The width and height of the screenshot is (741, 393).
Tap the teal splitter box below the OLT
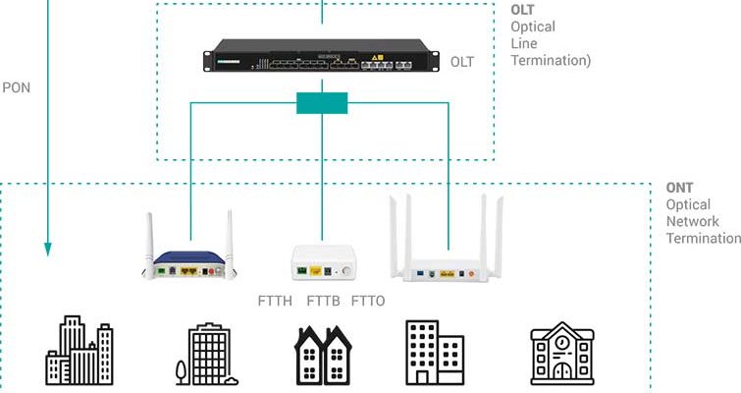pos(322,102)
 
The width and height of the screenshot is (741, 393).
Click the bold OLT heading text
pos(523,10)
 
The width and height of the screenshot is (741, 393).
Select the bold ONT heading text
pos(679,187)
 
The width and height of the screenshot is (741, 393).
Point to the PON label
pos(17,86)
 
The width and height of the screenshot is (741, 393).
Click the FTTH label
pos(275,300)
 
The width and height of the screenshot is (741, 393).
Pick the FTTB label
pos(323,300)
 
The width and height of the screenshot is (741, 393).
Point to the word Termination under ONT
pos(703,239)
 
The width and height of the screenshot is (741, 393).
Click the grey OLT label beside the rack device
pos(461,62)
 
